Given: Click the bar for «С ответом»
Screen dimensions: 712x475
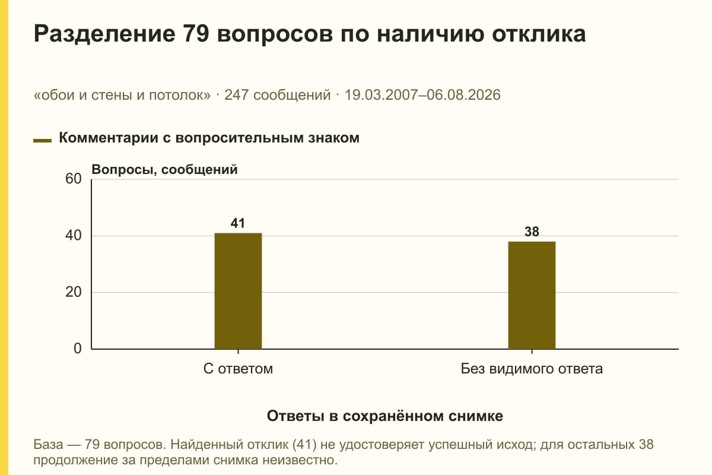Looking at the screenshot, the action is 238,291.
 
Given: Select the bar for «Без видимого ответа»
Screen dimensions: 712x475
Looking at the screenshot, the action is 532,295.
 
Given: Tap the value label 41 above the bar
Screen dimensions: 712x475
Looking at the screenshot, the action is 238,223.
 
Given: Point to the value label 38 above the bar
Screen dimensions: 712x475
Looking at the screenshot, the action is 532,232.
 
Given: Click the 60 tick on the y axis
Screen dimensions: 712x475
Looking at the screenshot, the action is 74,179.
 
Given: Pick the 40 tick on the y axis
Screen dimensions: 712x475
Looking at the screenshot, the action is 74,236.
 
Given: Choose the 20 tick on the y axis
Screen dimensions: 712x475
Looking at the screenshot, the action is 74,292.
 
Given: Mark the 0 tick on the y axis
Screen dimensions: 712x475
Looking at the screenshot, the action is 78,349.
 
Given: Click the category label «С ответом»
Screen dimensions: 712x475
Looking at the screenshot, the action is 238,369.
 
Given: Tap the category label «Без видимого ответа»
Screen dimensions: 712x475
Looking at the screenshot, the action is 532,369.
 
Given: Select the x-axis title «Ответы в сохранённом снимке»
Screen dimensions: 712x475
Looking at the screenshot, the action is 385,416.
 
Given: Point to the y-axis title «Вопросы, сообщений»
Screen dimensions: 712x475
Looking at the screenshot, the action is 165,170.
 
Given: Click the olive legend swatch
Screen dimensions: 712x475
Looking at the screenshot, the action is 42,140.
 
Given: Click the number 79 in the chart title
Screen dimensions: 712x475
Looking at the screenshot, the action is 196,33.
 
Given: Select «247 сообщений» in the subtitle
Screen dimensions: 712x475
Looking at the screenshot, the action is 278,95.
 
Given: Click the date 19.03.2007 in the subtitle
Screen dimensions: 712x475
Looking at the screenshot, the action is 381,95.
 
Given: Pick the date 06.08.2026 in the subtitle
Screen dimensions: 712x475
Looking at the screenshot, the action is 463,95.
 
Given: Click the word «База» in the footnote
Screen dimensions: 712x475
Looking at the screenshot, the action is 48,444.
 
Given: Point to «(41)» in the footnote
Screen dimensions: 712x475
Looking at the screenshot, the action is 304,445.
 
